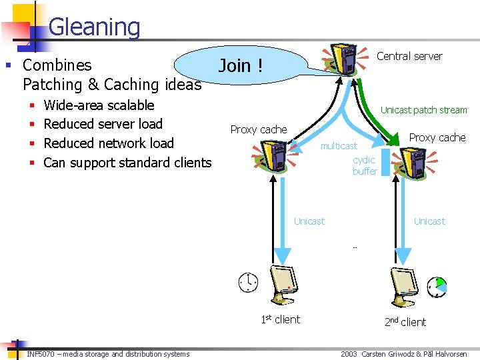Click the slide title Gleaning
tap(94, 27)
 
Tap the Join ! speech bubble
tap(241, 65)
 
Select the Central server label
tap(409, 56)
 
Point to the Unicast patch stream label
tap(423, 110)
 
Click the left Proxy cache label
tap(259, 129)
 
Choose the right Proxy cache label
tap(437, 137)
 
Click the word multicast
tap(339, 146)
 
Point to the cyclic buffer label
tap(365, 165)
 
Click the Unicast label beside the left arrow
tap(309, 221)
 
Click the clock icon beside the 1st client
tap(248, 283)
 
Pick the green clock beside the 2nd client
tap(438, 287)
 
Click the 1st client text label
tap(281, 319)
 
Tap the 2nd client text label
tap(405, 322)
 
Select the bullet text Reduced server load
tap(103, 124)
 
